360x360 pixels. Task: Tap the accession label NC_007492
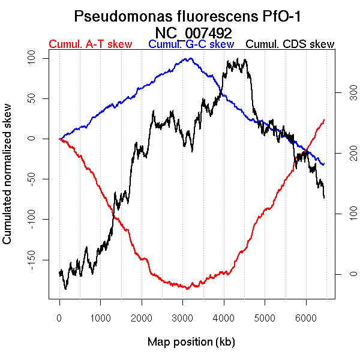tap(193, 32)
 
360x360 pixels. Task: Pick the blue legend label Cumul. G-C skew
tap(191, 44)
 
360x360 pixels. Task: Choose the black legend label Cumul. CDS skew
tap(290, 44)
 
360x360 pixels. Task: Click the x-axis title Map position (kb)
tap(191, 342)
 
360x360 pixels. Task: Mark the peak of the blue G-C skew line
tap(190, 58)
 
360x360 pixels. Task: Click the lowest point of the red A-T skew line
tap(188, 289)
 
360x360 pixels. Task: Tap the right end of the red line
tap(324, 119)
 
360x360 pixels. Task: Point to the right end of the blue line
tap(324, 164)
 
